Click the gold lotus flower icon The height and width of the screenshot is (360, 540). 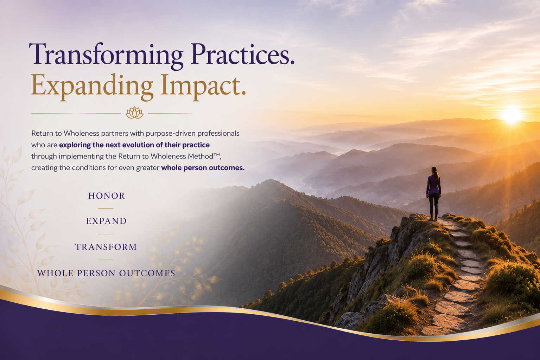(x=135, y=113)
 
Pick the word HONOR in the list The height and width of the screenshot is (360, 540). (x=106, y=196)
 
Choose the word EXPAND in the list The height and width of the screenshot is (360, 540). (x=106, y=221)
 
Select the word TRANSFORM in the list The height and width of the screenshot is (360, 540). (x=106, y=247)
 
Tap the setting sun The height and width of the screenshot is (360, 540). (x=512, y=115)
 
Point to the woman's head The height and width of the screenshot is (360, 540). (x=434, y=170)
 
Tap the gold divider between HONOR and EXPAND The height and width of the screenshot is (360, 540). (x=106, y=208)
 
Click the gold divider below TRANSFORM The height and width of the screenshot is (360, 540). (x=106, y=260)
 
